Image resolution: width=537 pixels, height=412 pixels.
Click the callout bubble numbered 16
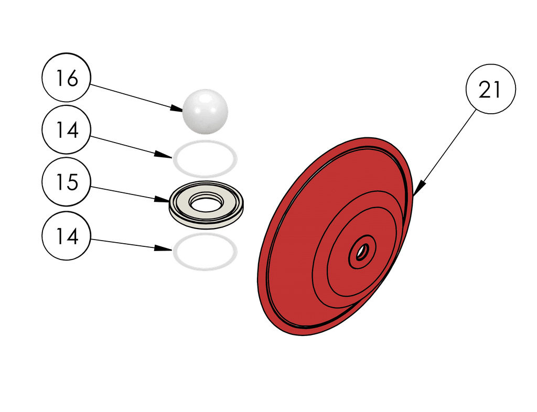click(67, 78)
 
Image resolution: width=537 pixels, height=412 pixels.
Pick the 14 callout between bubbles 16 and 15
click(67, 129)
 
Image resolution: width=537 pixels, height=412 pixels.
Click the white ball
click(205, 110)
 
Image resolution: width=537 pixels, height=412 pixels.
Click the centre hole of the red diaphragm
click(362, 252)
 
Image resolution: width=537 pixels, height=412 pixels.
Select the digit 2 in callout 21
click(484, 90)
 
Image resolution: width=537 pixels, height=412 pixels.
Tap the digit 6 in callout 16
click(72, 79)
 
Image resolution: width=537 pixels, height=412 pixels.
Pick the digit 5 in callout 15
click(72, 182)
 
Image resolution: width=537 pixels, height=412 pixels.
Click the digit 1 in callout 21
click(497, 90)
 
